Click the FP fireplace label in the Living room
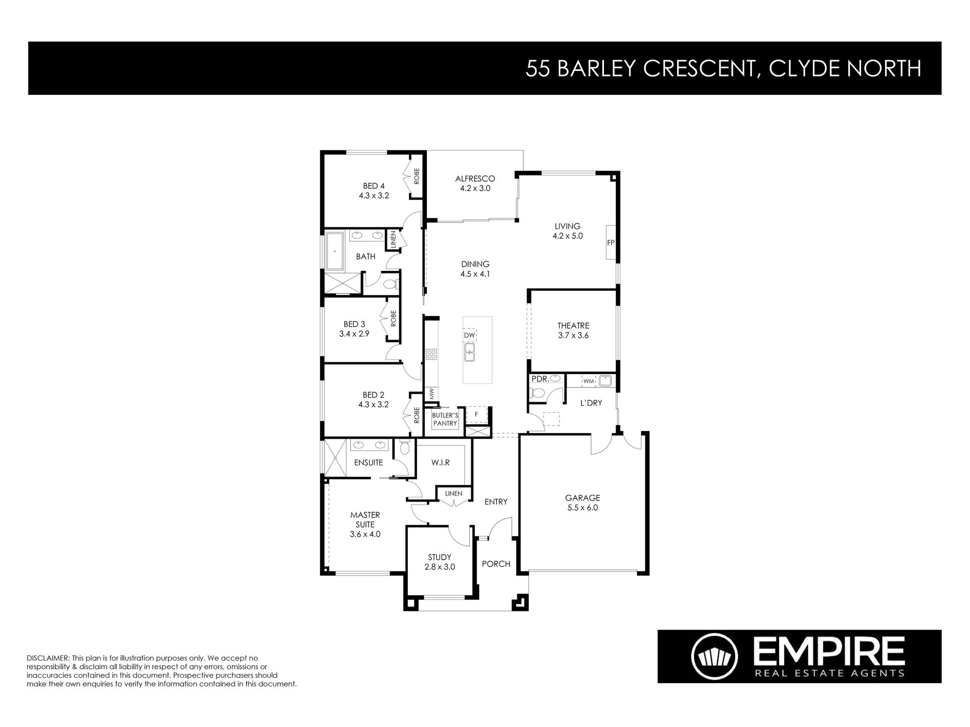610,243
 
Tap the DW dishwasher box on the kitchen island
470,335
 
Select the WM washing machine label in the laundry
588,381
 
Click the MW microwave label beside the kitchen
431,394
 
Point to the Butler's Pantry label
445,419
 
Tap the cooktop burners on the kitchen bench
431,354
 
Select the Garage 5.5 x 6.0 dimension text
582,508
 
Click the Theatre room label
573,325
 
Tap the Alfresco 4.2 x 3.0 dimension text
475,188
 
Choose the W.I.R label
440,462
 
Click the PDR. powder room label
539,379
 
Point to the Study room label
440,557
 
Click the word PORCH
496,564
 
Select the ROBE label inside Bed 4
417,177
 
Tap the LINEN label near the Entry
453,493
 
